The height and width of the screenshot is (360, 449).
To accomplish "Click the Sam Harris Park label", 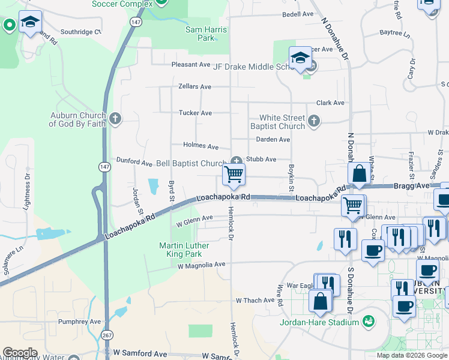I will coord(206,34).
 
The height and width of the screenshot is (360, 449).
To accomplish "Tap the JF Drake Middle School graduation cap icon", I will coord(300,58).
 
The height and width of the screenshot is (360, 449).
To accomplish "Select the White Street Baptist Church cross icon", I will coord(313,122).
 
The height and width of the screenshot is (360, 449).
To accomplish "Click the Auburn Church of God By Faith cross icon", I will coord(115,119).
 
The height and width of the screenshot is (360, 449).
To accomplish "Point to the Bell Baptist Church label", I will coord(191,163).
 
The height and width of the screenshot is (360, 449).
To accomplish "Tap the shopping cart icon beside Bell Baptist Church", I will coord(234,175).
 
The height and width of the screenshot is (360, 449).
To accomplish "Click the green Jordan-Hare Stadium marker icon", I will coord(368,322).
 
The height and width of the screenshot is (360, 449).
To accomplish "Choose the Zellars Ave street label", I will coord(194,86).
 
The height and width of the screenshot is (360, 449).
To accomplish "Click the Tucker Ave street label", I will coord(195,113).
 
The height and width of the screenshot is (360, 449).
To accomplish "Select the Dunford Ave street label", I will coord(134,162).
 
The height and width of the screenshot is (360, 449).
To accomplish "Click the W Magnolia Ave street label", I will coord(200,264).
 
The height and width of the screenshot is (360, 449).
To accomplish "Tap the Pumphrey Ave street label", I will coord(80,322).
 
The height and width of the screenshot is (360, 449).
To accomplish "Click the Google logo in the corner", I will coord(20,353).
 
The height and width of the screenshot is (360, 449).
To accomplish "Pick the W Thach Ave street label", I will coord(255,300).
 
